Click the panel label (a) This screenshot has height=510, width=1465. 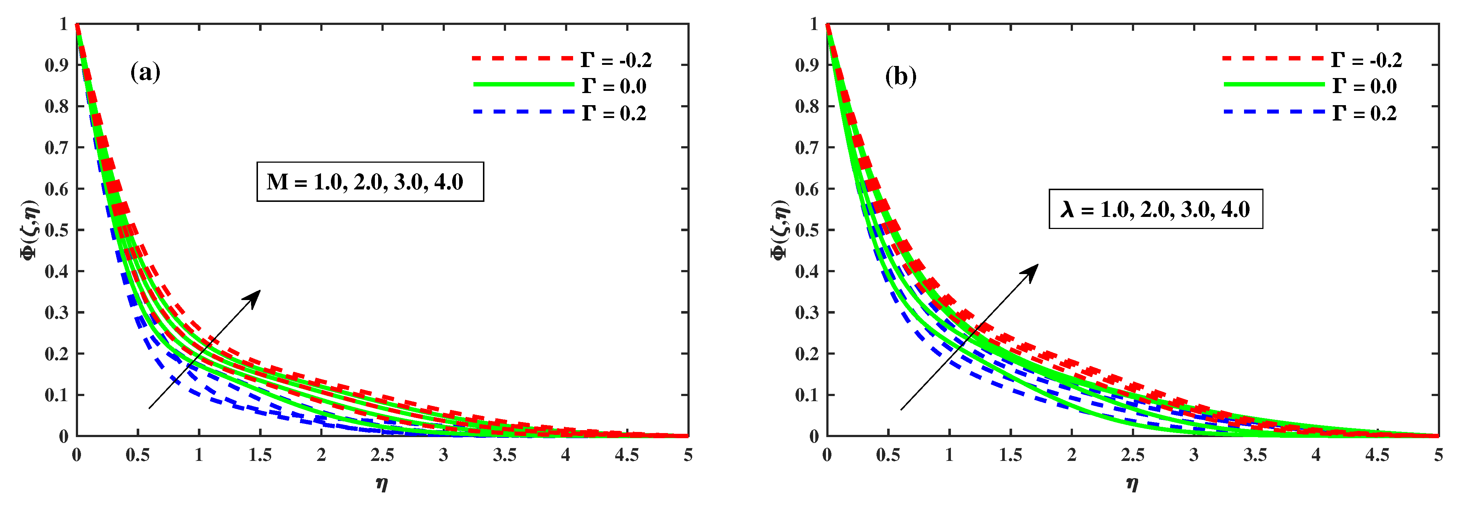coord(145,72)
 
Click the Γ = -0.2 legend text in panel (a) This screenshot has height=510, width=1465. coord(616,60)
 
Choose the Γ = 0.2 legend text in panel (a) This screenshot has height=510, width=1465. coord(614,114)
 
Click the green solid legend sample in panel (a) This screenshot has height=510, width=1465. coord(523,85)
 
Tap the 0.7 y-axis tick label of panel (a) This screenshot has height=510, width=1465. coord(56,148)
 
